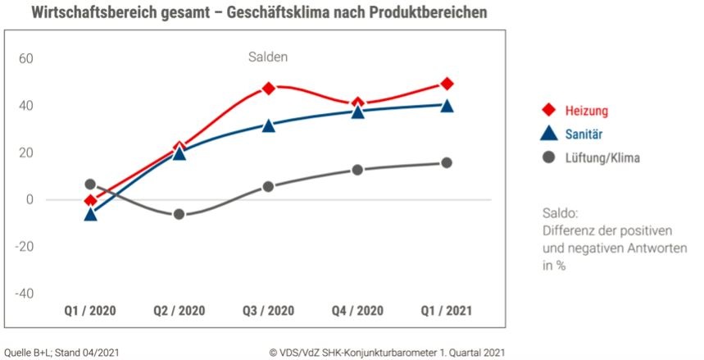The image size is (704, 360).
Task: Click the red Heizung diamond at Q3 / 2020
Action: pos(268,88)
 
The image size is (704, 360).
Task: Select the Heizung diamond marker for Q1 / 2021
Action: pos(447,84)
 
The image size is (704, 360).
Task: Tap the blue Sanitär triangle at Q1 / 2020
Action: pos(90,214)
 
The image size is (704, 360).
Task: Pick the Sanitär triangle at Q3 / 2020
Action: pos(268,125)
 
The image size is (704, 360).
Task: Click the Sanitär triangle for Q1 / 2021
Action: pos(447,105)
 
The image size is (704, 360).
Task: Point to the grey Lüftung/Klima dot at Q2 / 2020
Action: pos(179,214)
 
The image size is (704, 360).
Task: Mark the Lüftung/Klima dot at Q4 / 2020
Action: pos(357,170)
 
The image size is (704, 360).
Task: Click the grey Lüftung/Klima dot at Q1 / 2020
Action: pos(90,185)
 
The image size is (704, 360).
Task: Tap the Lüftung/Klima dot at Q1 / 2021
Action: pos(447,162)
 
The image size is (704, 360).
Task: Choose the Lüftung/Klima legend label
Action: pos(602,157)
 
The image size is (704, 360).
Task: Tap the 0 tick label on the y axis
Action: pos(29,199)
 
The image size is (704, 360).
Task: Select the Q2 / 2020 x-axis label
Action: pos(179,312)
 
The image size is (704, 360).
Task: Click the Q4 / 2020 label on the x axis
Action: pos(357,312)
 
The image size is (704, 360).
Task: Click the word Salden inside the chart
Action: pos(268,57)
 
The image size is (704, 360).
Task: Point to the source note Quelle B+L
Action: pos(30,352)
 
